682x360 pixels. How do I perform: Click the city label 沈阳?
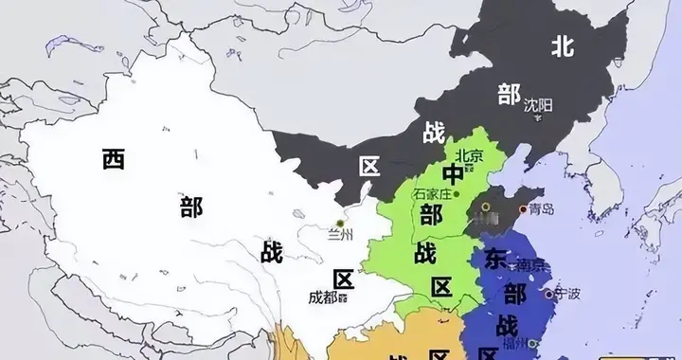(x=537, y=104)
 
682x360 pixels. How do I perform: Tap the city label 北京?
(x=471, y=155)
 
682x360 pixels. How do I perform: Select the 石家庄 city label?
(x=431, y=193)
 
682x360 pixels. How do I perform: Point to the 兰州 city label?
(x=338, y=234)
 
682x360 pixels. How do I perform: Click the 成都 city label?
(x=323, y=297)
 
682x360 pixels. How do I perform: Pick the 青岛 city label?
(x=542, y=209)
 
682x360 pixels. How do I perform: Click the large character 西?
(x=114, y=159)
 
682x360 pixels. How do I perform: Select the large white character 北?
(x=563, y=45)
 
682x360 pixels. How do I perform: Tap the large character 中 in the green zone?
(x=454, y=174)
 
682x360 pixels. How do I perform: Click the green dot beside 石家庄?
(x=458, y=194)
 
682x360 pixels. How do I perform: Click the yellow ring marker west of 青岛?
(x=486, y=206)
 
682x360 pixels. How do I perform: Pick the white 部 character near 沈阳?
(x=509, y=93)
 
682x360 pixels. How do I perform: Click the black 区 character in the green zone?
(x=440, y=286)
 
